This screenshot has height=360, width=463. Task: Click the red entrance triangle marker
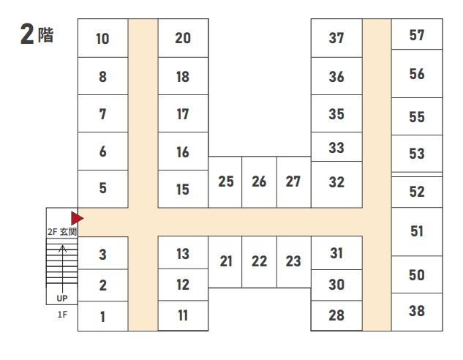coord(76,217)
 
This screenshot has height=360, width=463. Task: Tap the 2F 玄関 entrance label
coord(62,231)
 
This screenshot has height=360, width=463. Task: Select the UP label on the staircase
coord(62,299)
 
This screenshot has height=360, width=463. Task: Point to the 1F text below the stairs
coord(62,314)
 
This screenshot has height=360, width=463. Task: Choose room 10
coord(102,39)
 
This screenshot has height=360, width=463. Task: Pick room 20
coord(183,38)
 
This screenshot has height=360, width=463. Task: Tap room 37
coord(336,38)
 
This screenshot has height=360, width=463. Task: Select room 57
coord(417,34)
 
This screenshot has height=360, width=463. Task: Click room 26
coord(259,181)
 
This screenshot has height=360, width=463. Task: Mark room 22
coord(259,261)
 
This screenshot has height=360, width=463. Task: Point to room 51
coord(417,231)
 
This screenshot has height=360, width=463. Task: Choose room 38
coord(417,311)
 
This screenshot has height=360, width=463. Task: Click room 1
coord(102,317)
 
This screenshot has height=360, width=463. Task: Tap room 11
coord(183,316)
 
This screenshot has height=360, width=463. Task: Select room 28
coord(336,316)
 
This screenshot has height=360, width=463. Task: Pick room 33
coord(336,148)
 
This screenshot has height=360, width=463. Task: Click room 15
coord(183,190)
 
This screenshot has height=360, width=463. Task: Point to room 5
coord(102,188)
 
